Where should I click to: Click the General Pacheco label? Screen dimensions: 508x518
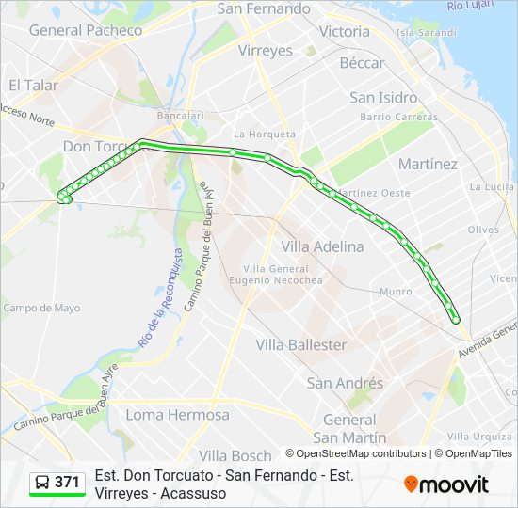tap(86, 30)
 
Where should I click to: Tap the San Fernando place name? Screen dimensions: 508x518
tap(264, 8)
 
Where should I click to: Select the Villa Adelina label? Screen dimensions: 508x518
tap(322, 246)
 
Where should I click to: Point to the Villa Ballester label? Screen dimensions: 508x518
tap(301, 345)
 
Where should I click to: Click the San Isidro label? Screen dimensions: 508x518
tap(383, 98)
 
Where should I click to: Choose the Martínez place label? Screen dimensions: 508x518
tap(428, 164)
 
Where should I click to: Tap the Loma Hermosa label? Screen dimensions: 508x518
tap(177, 415)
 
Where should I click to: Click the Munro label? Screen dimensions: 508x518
tap(396, 292)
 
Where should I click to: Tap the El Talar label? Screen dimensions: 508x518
tap(34, 85)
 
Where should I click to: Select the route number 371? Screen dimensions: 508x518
tap(67, 483)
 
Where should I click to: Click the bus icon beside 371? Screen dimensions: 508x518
tap(43, 483)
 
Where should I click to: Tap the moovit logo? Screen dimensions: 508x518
tap(446, 484)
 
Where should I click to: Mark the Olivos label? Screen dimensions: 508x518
tap(482, 230)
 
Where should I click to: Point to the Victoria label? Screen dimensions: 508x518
tap(345, 31)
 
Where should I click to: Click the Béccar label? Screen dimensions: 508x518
tap(362, 63)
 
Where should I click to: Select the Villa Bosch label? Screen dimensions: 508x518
tap(235, 456)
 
